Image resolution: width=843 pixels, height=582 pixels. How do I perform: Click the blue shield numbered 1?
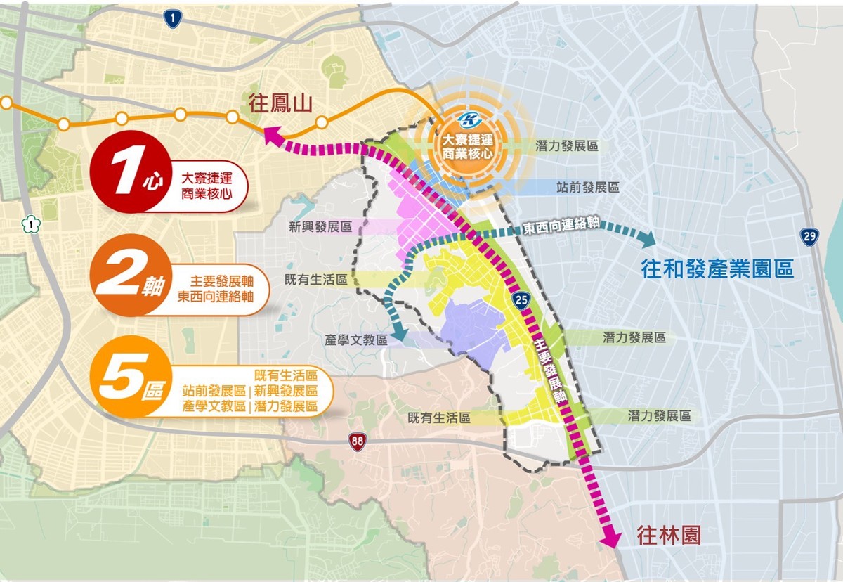[171, 19]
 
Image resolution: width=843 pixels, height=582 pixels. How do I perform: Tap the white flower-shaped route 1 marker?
[30, 225]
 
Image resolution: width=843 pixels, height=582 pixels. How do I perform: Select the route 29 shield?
[810, 236]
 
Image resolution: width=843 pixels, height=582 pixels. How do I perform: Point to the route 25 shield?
[521, 302]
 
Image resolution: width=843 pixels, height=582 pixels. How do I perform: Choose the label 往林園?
[669, 536]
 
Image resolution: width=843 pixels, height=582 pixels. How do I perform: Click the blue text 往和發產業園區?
[717, 269]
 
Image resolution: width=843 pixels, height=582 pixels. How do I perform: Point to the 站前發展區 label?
[587, 188]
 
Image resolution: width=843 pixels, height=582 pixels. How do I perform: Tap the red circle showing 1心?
[126, 171]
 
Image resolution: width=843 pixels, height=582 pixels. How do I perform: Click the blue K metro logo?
[464, 119]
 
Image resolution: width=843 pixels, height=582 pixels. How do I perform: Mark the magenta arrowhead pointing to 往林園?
[611, 538]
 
